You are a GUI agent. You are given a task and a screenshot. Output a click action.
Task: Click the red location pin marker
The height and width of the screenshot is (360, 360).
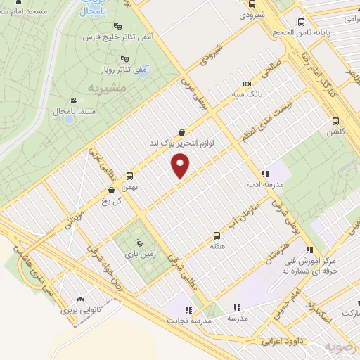(x=181, y=166)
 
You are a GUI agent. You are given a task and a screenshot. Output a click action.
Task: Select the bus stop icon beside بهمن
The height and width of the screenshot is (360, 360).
(x=129, y=176)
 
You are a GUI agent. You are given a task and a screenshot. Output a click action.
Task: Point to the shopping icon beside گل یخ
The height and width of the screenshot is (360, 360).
(x=111, y=190)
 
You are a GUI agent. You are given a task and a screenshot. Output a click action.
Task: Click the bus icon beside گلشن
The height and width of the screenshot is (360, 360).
(x=335, y=120)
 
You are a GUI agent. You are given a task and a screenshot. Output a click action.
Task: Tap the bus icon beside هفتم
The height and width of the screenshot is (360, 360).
(x=217, y=236)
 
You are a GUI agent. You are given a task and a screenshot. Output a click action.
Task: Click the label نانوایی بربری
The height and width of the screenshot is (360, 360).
(x=81, y=309)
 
